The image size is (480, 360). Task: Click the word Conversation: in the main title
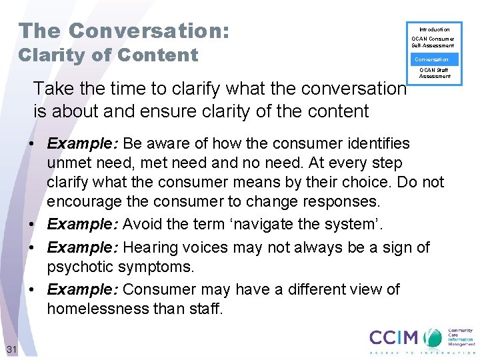[149, 31]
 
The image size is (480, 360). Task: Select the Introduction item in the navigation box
[434, 29]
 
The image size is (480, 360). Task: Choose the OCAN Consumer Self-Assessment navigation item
[433, 43]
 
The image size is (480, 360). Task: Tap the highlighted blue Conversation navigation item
[432, 59]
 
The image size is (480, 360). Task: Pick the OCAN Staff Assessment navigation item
[434, 73]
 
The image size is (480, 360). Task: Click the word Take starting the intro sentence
[51, 89]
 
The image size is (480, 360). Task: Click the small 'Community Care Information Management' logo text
[460, 337]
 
